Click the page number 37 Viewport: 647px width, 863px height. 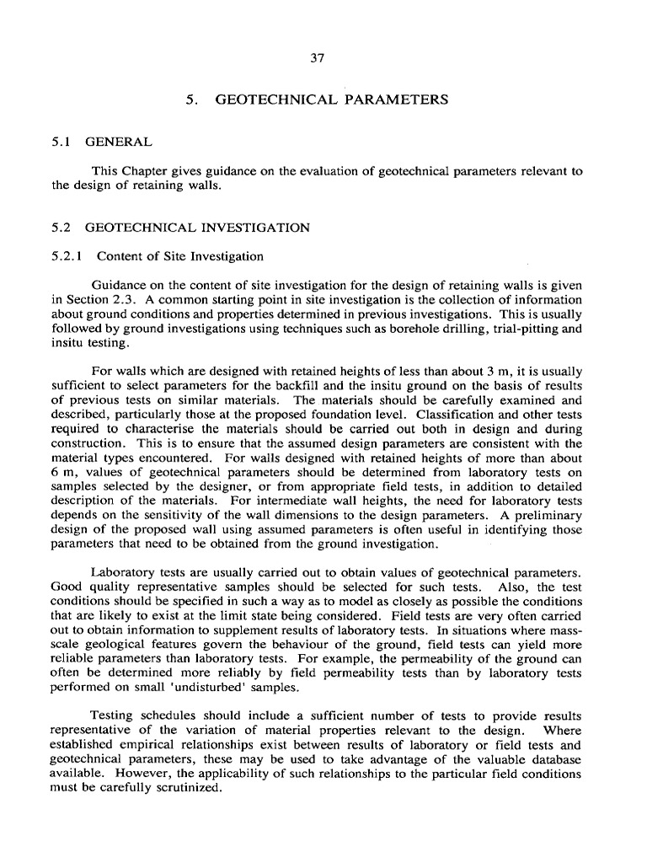click(x=317, y=58)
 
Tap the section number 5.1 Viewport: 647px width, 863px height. click(x=61, y=143)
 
